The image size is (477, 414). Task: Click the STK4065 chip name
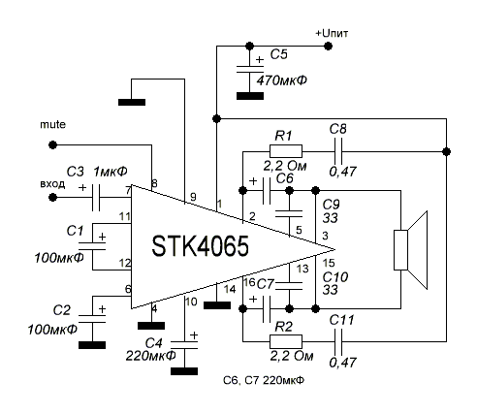click(x=201, y=246)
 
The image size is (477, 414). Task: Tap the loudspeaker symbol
click(x=410, y=250)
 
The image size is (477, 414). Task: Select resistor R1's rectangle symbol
click(x=286, y=151)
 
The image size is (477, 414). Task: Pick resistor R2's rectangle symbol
click(x=286, y=341)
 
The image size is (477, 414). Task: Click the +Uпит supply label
click(x=332, y=33)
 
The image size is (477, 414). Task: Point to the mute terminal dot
click(x=52, y=144)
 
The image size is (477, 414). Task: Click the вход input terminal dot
click(x=52, y=197)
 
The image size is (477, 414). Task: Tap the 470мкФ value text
click(x=282, y=80)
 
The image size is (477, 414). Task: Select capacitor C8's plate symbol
click(x=338, y=151)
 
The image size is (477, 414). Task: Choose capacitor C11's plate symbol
click(x=338, y=341)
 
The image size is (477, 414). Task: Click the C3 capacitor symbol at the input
click(x=96, y=197)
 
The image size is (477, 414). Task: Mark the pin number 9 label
click(x=193, y=197)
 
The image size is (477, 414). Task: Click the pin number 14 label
click(x=230, y=289)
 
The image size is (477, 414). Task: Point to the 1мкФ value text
click(x=111, y=172)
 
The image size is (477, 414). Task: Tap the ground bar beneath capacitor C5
click(x=250, y=96)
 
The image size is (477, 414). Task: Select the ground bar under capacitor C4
click(x=184, y=371)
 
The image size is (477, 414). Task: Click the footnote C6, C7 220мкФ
click(x=264, y=380)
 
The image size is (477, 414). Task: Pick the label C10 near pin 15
click(x=335, y=277)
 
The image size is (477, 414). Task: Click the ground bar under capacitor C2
click(x=92, y=345)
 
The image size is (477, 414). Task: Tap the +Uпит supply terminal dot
click(x=328, y=46)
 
